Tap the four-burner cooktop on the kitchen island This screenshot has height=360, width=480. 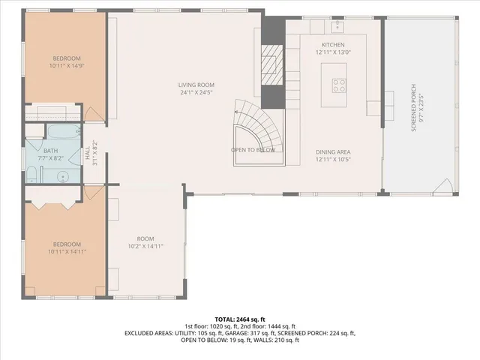pos(338,85)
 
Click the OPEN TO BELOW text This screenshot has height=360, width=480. pos(253,150)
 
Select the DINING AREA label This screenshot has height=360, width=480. pos(333,152)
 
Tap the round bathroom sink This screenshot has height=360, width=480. pos(64,177)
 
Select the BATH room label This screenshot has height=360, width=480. pos(50,151)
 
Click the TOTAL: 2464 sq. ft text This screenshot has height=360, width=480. pos(239,319)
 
